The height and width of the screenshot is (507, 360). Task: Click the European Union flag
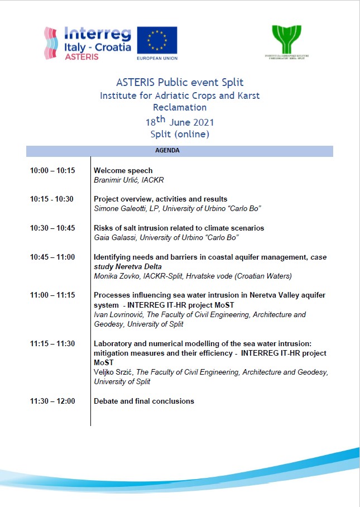coord(157,40)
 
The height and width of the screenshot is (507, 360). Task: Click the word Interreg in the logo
coord(98,33)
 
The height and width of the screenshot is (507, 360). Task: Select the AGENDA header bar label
coord(179,151)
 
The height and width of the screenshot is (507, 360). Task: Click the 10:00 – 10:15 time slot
coord(52,170)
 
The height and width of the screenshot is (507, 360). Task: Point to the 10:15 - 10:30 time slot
coord(51,199)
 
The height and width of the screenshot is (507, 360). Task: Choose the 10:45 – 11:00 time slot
coord(52,257)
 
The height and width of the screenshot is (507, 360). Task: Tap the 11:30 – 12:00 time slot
coord(52,401)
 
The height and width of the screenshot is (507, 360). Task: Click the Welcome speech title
coord(123,170)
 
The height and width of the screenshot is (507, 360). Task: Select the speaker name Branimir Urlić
coord(116,180)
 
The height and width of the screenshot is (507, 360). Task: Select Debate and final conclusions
coord(144,401)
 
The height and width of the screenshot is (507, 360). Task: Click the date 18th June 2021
coord(179,121)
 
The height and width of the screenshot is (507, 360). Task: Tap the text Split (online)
coord(179,134)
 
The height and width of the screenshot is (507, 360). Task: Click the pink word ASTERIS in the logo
coord(84,57)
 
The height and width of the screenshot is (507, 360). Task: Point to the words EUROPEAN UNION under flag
coord(157,57)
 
